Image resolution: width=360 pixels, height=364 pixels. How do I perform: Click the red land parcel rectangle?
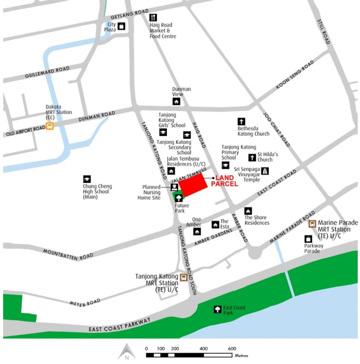click(x=193, y=185)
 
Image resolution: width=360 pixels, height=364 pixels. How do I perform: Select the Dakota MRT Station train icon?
click(x=49, y=126)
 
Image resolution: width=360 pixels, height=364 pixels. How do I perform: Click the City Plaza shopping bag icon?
click(x=121, y=26)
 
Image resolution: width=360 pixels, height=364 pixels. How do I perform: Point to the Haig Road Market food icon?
click(x=153, y=18)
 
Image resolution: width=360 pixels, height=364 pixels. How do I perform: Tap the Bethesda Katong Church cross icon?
click(x=241, y=122)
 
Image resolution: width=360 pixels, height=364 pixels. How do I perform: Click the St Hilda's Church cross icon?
click(x=252, y=158)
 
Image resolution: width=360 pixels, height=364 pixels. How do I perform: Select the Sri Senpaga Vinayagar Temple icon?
click(x=265, y=171)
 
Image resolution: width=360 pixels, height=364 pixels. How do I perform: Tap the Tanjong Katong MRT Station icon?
click(x=183, y=278)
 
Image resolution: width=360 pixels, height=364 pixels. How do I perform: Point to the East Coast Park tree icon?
click(x=217, y=309)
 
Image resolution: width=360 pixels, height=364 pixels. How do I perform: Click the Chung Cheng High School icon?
click(x=87, y=179)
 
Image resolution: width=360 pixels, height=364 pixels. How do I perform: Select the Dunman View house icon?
click(x=176, y=101)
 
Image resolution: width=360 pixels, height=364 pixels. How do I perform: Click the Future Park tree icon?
click(x=179, y=198)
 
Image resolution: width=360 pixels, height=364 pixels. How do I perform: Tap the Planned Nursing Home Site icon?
click(x=174, y=187)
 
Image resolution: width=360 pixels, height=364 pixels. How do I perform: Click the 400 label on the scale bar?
click(x=204, y=349)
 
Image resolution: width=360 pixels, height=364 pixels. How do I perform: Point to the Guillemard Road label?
click(x=47, y=73)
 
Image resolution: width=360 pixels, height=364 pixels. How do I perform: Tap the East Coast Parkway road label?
click(x=120, y=325)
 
